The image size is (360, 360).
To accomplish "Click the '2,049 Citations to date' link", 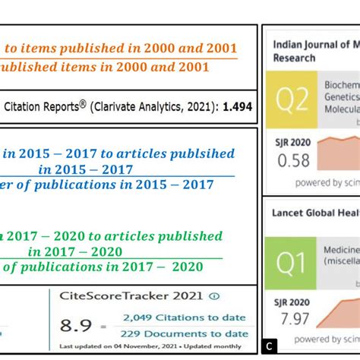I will [185, 317].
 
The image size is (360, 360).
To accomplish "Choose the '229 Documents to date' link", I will [185, 333].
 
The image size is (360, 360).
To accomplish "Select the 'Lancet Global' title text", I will [311, 213].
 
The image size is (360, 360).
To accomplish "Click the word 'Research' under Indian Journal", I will [294, 58].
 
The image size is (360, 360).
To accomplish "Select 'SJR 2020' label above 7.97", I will [292, 303].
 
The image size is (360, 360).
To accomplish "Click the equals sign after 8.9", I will [103, 326].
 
